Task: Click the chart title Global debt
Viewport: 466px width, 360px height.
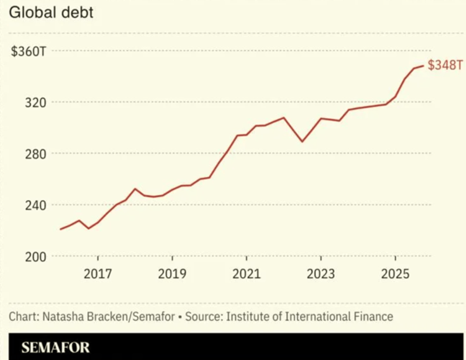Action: click(x=51, y=12)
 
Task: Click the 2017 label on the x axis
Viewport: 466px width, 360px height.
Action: click(x=98, y=274)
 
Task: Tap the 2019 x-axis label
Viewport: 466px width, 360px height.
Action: click(x=172, y=274)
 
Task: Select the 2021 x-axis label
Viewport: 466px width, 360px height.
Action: click(x=247, y=274)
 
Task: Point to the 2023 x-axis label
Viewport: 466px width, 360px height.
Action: click(x=321, y=274)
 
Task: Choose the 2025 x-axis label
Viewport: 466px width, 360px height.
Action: click(x=395, y=274)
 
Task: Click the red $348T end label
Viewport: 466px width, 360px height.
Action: click(x=446, y=66)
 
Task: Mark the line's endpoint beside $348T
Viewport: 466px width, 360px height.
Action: click(x=423, y=66)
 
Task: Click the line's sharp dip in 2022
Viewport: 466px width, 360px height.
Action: click(x=302, y=142)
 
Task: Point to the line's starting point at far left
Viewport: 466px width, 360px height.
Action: click(x=61, y=229)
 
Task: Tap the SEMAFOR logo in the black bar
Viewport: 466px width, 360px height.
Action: click(x=55, y=347)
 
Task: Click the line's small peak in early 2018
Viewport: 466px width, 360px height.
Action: click(x=135, y=189)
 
